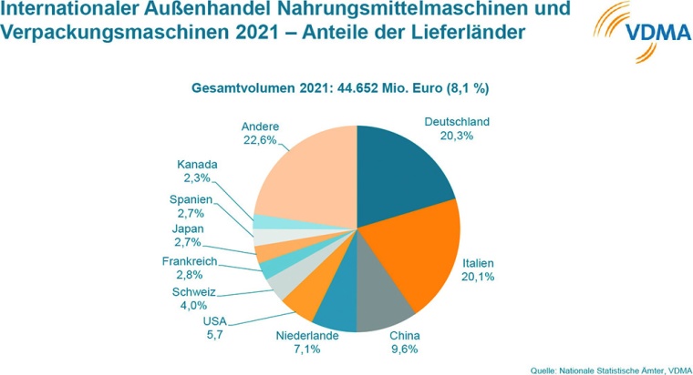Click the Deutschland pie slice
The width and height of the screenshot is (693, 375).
pos(401,164)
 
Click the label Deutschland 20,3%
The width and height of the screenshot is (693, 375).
pos(457,127)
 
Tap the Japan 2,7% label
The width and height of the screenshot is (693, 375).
pos(190,236)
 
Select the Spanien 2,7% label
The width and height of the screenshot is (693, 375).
pos(191,207)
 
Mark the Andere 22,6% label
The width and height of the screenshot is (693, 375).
pos(260,133)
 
